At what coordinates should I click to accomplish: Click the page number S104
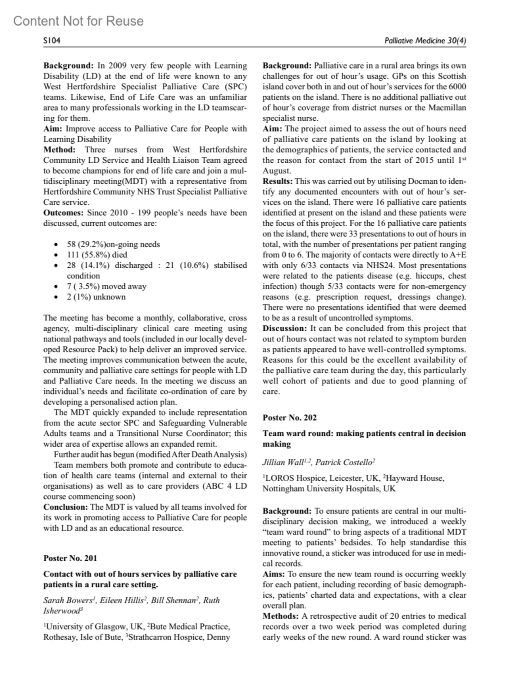tap(52, 41)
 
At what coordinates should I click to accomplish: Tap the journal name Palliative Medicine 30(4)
tap(425, 41)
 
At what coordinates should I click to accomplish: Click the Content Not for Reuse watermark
tap(79, 21)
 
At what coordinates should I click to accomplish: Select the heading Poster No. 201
tap(70, 558)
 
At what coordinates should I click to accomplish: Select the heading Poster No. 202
tap(290, 417)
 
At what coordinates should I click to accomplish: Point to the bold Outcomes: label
tap(64, 213)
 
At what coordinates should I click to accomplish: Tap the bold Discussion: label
tap(285, 328)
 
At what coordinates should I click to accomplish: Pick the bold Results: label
tap(277, 181)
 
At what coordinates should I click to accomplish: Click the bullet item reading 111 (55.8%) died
tap(97, 255)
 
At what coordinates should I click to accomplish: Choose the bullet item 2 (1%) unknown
tap(96, 297)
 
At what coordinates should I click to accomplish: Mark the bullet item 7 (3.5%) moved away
tap(106, 287)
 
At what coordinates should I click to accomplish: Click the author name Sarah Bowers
tap(67, 600)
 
